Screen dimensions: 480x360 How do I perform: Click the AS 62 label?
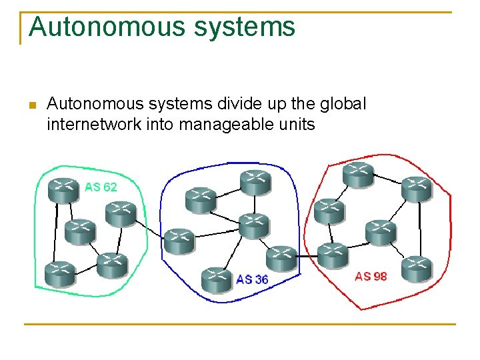[101, 187]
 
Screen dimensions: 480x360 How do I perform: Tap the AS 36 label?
[253, 279]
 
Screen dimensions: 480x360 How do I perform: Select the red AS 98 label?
[371, 276]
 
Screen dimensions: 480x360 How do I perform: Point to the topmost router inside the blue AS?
[255, 181]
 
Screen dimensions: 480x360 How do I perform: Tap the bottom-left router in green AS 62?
[59, 273]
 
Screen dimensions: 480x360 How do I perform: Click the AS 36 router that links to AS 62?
[179, 239]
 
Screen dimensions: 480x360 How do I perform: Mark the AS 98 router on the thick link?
[332, 254]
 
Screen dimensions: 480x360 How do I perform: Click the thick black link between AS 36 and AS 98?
[307, 256]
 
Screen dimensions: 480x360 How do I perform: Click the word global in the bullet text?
[342, 104]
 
